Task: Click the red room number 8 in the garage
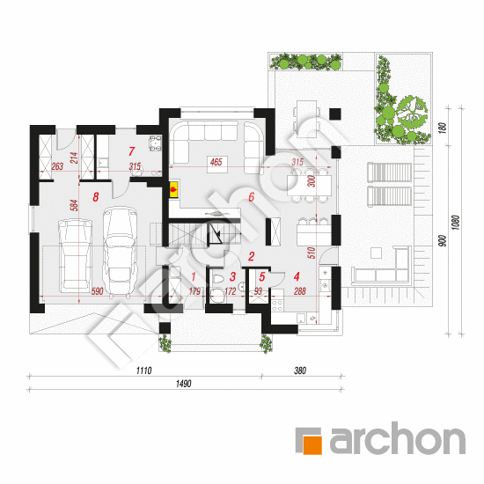tap(96, 196)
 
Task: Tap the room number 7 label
tap(132, 151)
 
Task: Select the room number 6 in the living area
tap(252, 196)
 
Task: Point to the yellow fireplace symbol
tap(173, 189)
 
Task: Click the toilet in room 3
tap(218, 278)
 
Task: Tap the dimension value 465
tap(216, 162)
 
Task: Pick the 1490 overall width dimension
tap(184, 384)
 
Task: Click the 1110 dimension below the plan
tap(143, 370)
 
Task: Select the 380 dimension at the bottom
tap(300, 370)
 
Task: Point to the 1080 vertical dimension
tap(455, 223)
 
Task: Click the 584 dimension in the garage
tap(74, 205)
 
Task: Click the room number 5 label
tap(262, 277)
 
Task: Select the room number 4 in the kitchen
tap(297, 276)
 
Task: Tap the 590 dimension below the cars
tap(97, 291)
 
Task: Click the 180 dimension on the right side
tap(443, 128)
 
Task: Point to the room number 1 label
tap(194, 276)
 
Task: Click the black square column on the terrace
tap(335, 114)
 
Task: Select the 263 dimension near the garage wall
tap(57, 166)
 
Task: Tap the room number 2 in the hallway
tap(252, 256)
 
